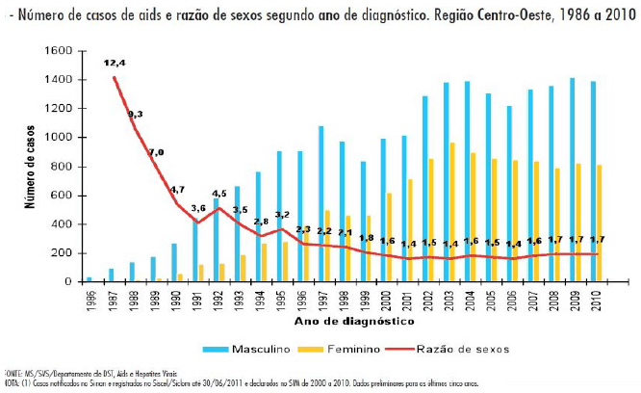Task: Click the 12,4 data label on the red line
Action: coord(115,63)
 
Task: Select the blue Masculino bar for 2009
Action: coord(573,180)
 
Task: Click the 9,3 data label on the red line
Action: coord(136,115)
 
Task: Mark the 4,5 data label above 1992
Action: coord(220,193)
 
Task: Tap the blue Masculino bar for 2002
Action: coord(424,189)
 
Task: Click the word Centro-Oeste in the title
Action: coord(500,17)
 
